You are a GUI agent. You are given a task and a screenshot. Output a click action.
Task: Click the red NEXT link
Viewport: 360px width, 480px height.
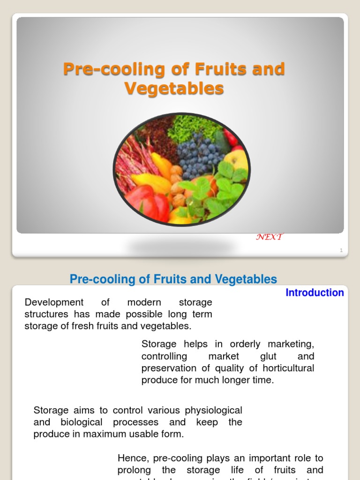pos(269,237)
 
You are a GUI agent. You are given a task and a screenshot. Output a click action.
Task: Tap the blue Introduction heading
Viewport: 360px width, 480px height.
pos(315,292)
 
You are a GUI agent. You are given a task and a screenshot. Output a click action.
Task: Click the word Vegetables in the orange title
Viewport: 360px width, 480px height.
pos(174,88)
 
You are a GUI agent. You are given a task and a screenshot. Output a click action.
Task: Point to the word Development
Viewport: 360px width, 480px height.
pos(54,302)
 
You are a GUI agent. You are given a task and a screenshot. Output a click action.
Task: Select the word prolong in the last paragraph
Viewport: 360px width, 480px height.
pos(133,470)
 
